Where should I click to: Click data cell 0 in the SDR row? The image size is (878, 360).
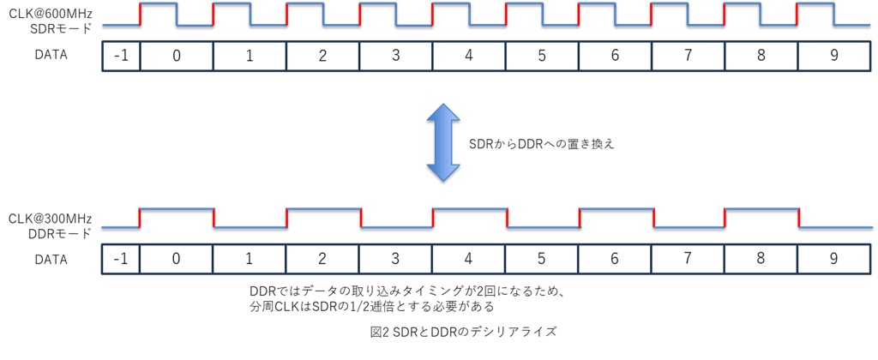click(176, 57)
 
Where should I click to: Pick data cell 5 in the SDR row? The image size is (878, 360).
click(541, 57)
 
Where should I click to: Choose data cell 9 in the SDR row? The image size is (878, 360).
click(833, 57)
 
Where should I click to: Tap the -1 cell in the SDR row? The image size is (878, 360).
click(121, 57)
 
